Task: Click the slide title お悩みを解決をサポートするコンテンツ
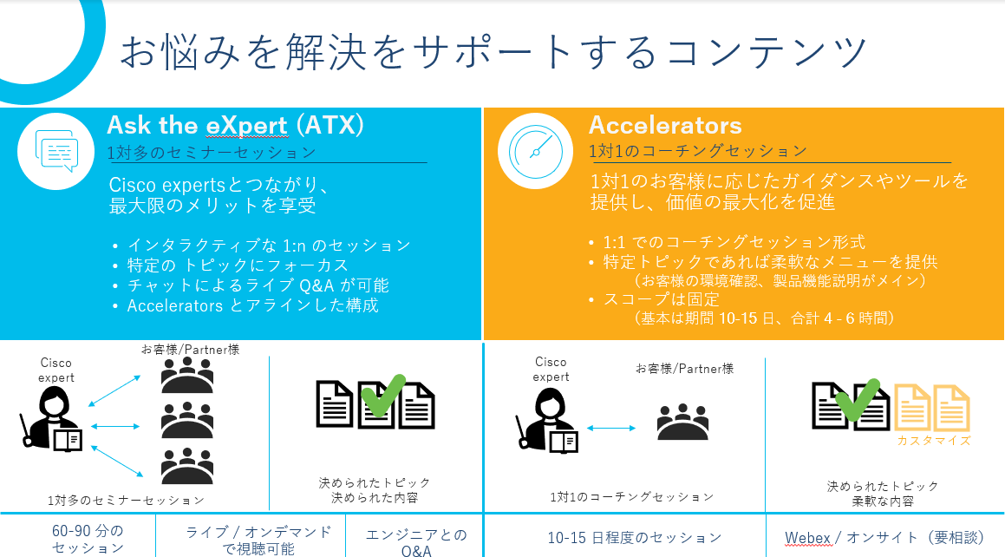(493, 52)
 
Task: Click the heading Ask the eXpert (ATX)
(235, 126)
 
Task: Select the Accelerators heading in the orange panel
(665, 126)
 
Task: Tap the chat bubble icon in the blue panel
(56, 151)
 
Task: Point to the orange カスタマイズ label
(933, 441)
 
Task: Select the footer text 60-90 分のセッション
(88, 539)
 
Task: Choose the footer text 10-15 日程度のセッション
(634, 538)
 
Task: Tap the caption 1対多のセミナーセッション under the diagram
(127, 500)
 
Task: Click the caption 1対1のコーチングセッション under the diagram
(632, 497)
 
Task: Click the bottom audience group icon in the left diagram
(187, 465)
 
